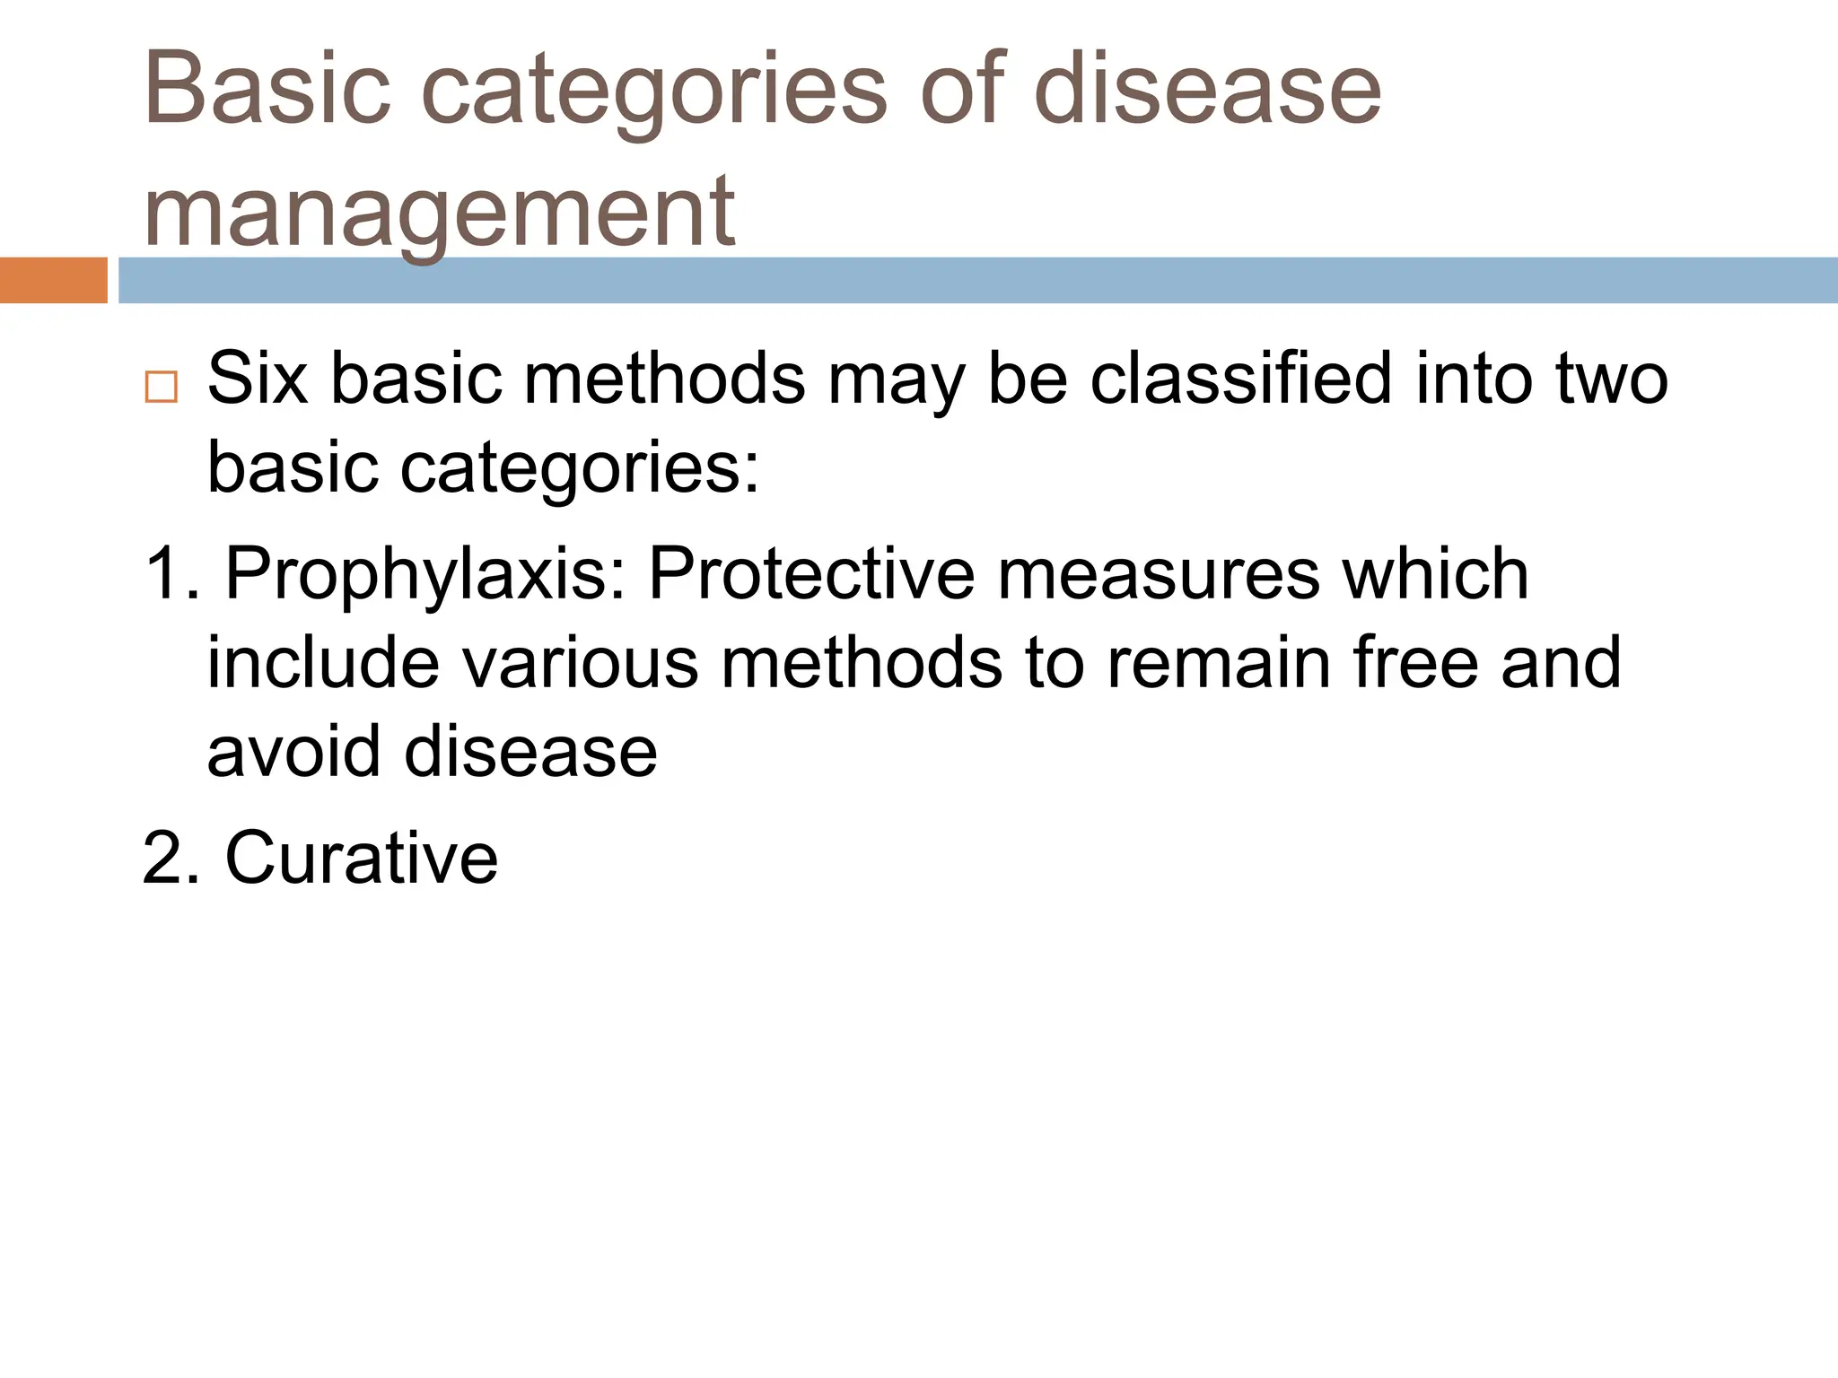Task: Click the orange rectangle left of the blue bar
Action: pyautogui.click(x=53, y=280)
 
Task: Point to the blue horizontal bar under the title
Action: pyautogui.click(x=978, y=280)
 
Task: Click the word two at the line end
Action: pyautogui.click(x=1611, y=379)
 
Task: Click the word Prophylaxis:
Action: pyautogui.click(x=425, y=575)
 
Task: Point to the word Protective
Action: pyautogui.click(x=811, y=573)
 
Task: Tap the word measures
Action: pyautogui.click(x=1159, y=573)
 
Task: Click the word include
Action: pyautogui.click(x=324, y=662)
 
